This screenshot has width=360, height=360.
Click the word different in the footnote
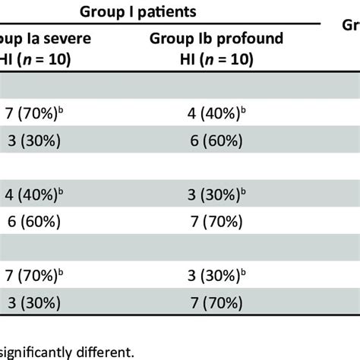point(106,352)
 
